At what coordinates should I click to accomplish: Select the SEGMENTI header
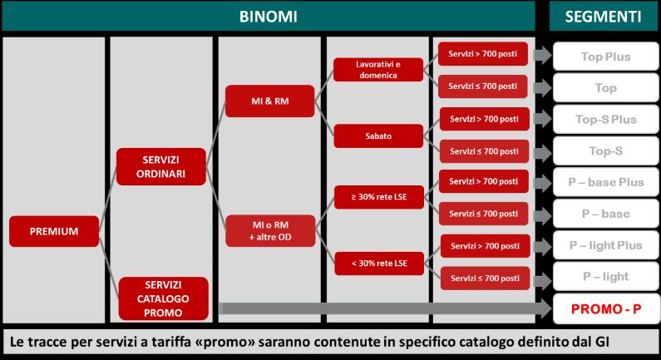click(x=604, y=16)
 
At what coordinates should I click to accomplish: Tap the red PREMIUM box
click(x=54, y=231)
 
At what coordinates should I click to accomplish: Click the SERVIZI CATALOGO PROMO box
click(x=160, y=298)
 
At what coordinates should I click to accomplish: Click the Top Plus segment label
click(x=604, y=57)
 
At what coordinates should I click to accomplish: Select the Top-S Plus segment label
click(x=604, y=119)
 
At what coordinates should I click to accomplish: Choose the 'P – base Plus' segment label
click(x=604, y=183)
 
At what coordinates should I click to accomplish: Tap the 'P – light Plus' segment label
click(x=604, y=245)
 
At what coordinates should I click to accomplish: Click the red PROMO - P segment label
click(x=604, y=309)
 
